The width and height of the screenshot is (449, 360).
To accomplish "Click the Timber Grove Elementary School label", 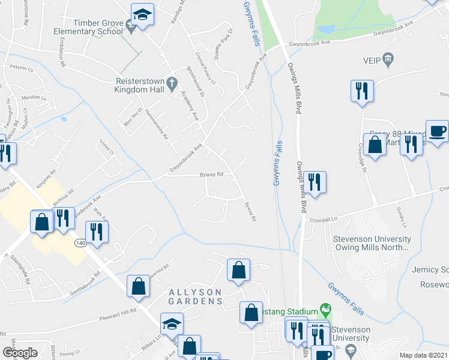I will pyautogui.click(x=88, y=26).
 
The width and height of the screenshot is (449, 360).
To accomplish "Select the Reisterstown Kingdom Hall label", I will pyautogui.click(x=139, y=85).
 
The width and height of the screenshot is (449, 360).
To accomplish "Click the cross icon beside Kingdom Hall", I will pyautogui.click(x=171, y=82).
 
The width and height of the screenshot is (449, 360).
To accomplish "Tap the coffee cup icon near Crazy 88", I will pyautogui.click(x=437, y=131).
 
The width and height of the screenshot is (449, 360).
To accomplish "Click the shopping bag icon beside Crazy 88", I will pyautogui.click(x=375, y=145).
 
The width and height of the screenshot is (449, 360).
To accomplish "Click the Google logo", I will pyautogui.click(x=21, y=353).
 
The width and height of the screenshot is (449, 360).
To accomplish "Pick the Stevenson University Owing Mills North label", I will pyautogui.click(x=372, y=243).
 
